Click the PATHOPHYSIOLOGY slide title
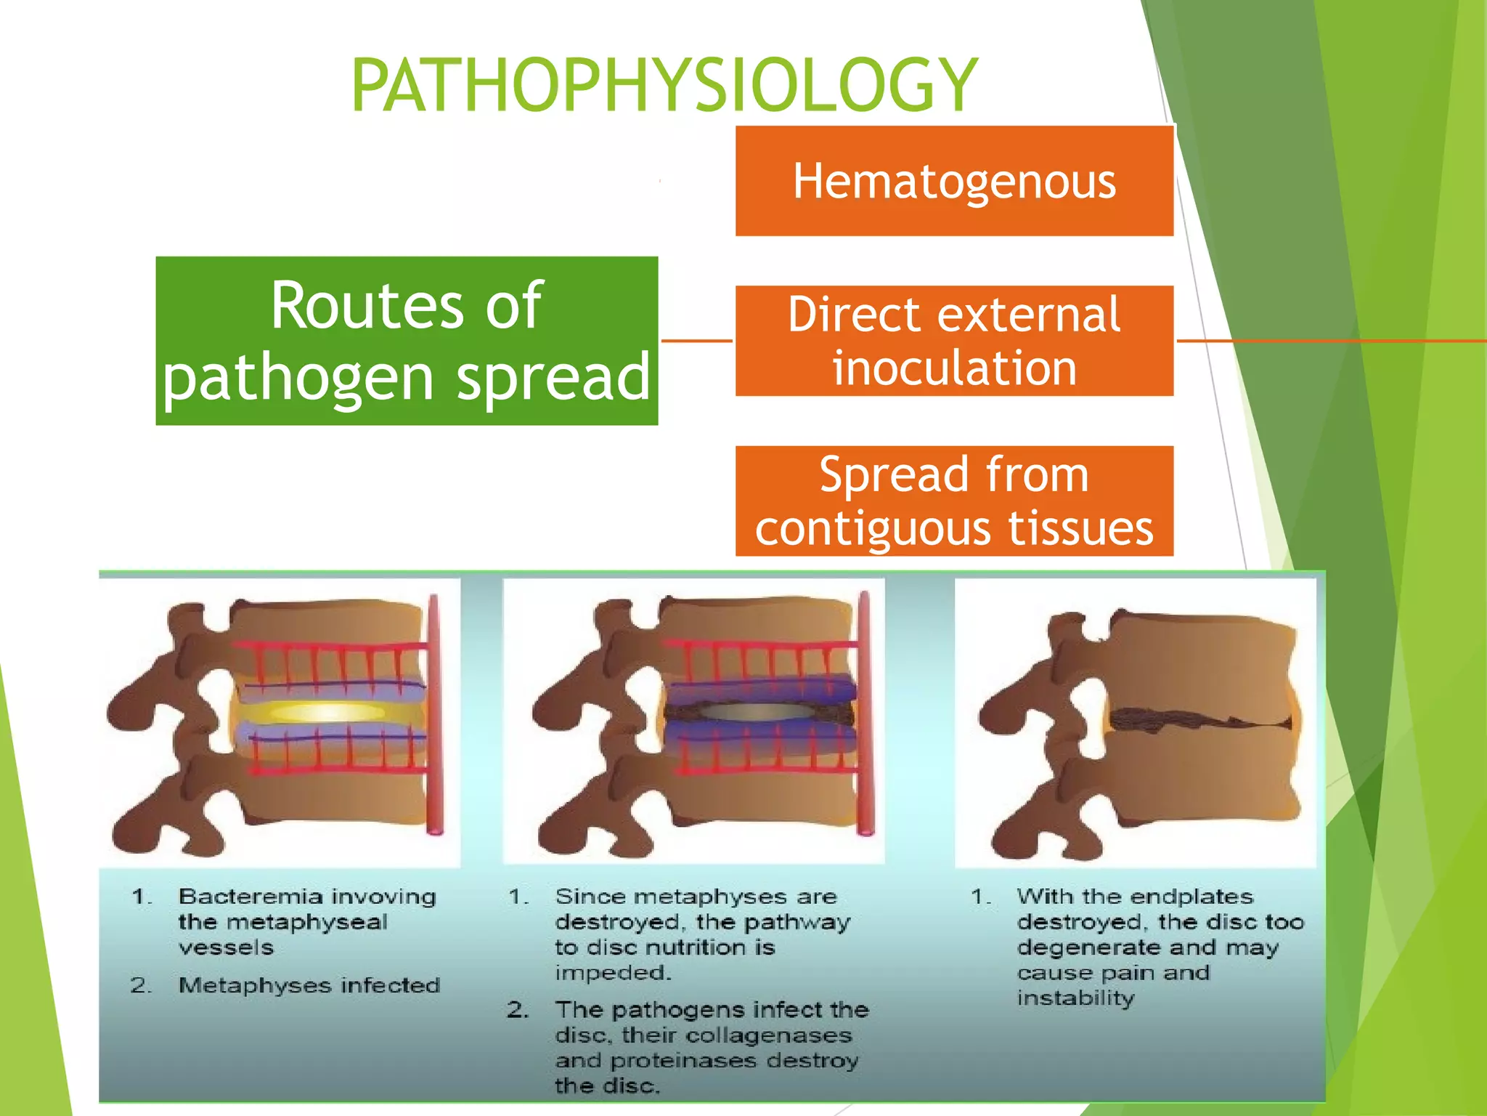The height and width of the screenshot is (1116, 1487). coord(664,85)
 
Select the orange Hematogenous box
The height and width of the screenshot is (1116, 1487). coord(954,181)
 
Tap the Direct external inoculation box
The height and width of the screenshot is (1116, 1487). coord(954,341)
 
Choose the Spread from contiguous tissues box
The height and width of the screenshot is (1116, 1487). coord(954,501)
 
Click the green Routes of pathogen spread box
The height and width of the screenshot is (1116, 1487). coord(407,341)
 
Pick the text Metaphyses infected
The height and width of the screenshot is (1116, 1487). coord(309,985)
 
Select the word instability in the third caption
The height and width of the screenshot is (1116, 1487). coord(1075,998)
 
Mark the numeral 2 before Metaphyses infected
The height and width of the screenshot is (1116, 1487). coord(139,985)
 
